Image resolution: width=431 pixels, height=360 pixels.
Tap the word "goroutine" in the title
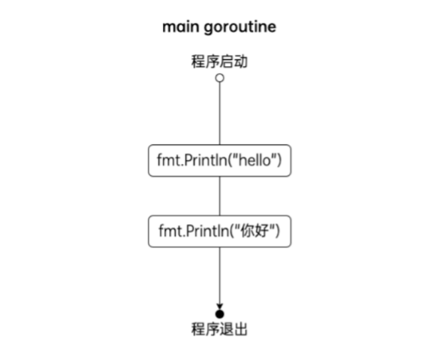click(x=240, y=28)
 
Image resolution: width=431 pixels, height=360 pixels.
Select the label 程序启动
click(x=219, y=62)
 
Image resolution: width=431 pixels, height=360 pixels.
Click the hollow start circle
click(x=219, y=78)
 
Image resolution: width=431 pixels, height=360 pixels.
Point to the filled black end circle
click(x=219, y=314)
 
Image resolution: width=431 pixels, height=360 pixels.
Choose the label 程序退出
click(x=219, y=329)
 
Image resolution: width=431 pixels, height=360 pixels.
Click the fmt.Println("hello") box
click(x=219, y=160)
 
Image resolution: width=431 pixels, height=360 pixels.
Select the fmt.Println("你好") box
click(x=219, y=231)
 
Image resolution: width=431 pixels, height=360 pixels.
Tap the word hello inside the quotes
click(x=255, y=160)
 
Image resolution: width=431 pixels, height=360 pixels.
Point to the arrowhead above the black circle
click(x=219, y=307)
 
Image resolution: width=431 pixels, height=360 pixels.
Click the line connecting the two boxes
click(x=219, y=196)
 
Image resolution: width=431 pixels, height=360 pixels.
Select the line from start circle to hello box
click(x=219, y=113)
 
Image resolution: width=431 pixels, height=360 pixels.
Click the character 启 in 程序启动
click(x=227, y=62)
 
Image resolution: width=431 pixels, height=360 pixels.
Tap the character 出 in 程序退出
click(x=241, y=329)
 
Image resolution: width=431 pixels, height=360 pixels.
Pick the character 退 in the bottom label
click(x=227, y=329)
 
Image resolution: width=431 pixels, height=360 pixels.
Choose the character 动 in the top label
click(x=241, y=62)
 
